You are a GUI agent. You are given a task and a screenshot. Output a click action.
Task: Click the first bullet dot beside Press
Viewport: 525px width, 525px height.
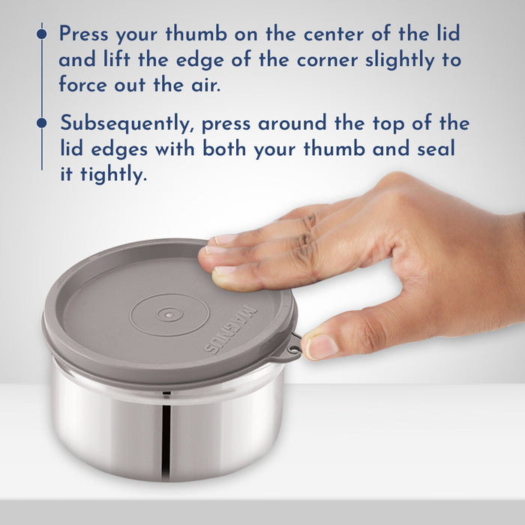tap(41, 34)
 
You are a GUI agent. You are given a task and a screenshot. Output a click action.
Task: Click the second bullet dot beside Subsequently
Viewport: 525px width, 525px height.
tap(41, 123)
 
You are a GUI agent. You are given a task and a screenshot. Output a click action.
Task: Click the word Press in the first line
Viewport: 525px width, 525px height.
tap(84, 34)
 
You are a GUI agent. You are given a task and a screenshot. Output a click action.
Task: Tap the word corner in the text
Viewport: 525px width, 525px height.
tap(328, 61)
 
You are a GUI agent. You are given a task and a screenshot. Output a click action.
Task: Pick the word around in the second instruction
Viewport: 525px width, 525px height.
tap(292, 124)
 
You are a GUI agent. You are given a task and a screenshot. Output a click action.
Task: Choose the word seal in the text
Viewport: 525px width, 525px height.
tap(436, 148)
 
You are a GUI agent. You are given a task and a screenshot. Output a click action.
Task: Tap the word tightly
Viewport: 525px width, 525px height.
tap(114, 175)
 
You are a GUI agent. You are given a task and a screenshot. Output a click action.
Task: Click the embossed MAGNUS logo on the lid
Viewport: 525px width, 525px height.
tap(231, 328)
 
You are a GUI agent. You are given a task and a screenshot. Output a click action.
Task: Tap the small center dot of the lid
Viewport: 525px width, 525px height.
tap(169, 314)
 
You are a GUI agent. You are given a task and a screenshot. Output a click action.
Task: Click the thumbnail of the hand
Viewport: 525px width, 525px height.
tap(322, 346)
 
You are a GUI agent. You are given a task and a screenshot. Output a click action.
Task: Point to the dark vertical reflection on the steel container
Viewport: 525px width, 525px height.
tap(166, 439)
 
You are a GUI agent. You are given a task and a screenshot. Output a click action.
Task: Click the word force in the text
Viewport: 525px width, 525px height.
tap(83, 84)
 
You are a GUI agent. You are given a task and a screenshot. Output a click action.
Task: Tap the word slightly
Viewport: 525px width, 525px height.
tap(400, 61)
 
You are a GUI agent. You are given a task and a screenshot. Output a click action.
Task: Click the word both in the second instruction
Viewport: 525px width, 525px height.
tap(224, 148)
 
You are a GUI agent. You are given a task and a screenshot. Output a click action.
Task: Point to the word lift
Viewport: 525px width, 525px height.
tap(117, 59)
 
